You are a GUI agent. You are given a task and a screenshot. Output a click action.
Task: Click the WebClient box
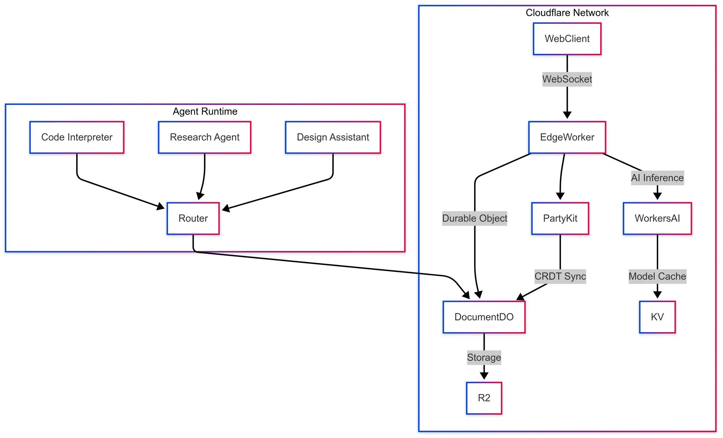coord(567,39)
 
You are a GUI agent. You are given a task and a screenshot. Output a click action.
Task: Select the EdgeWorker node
coord(567,137)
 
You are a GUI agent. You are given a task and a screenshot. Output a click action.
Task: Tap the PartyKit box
coord(560,218)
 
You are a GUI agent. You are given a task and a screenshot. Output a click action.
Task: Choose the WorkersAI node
coord(657,218)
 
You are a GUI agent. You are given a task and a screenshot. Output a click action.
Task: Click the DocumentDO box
coord(484,317)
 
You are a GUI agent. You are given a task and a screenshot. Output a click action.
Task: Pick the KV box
coord(657,317)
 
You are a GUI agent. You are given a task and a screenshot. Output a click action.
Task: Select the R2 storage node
coord(484,398)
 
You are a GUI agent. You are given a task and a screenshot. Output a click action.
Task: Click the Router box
coord(193,218)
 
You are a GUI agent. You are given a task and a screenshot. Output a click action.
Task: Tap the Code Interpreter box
coord(77,137)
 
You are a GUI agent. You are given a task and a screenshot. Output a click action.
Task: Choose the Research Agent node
coord(204,137)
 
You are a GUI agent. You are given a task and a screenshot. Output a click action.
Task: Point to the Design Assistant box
coord(333,137)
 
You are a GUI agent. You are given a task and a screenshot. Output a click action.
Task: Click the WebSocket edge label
coord(567,79)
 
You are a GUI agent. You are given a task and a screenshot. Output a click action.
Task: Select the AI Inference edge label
coord(657,178)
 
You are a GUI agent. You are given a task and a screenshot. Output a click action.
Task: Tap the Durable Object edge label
coord(474,218)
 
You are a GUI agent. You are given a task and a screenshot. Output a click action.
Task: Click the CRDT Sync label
coord(560,276)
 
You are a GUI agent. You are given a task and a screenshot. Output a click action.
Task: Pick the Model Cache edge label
coord(657,276)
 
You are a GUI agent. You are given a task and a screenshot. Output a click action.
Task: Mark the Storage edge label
coord(484,357)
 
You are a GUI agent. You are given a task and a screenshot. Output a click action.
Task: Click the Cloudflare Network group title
coord(567,13)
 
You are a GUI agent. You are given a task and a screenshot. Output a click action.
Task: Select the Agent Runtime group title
coord(205,111)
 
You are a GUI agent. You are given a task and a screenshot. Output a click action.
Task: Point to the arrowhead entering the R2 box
coord(484,376)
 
